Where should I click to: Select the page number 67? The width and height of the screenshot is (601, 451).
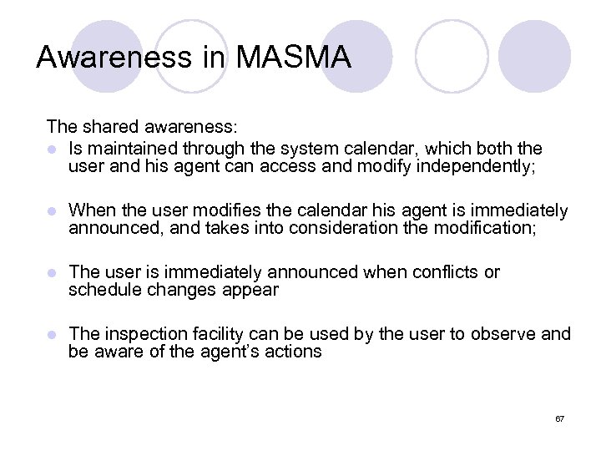pos(560,417)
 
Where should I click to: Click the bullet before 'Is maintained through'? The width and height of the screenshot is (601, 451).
pos(53,149)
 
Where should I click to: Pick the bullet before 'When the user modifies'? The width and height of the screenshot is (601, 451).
pos(53,210)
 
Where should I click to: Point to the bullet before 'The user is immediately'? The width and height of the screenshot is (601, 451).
pos(53,272)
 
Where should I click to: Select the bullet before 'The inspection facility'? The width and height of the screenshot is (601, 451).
pos(53,334)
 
